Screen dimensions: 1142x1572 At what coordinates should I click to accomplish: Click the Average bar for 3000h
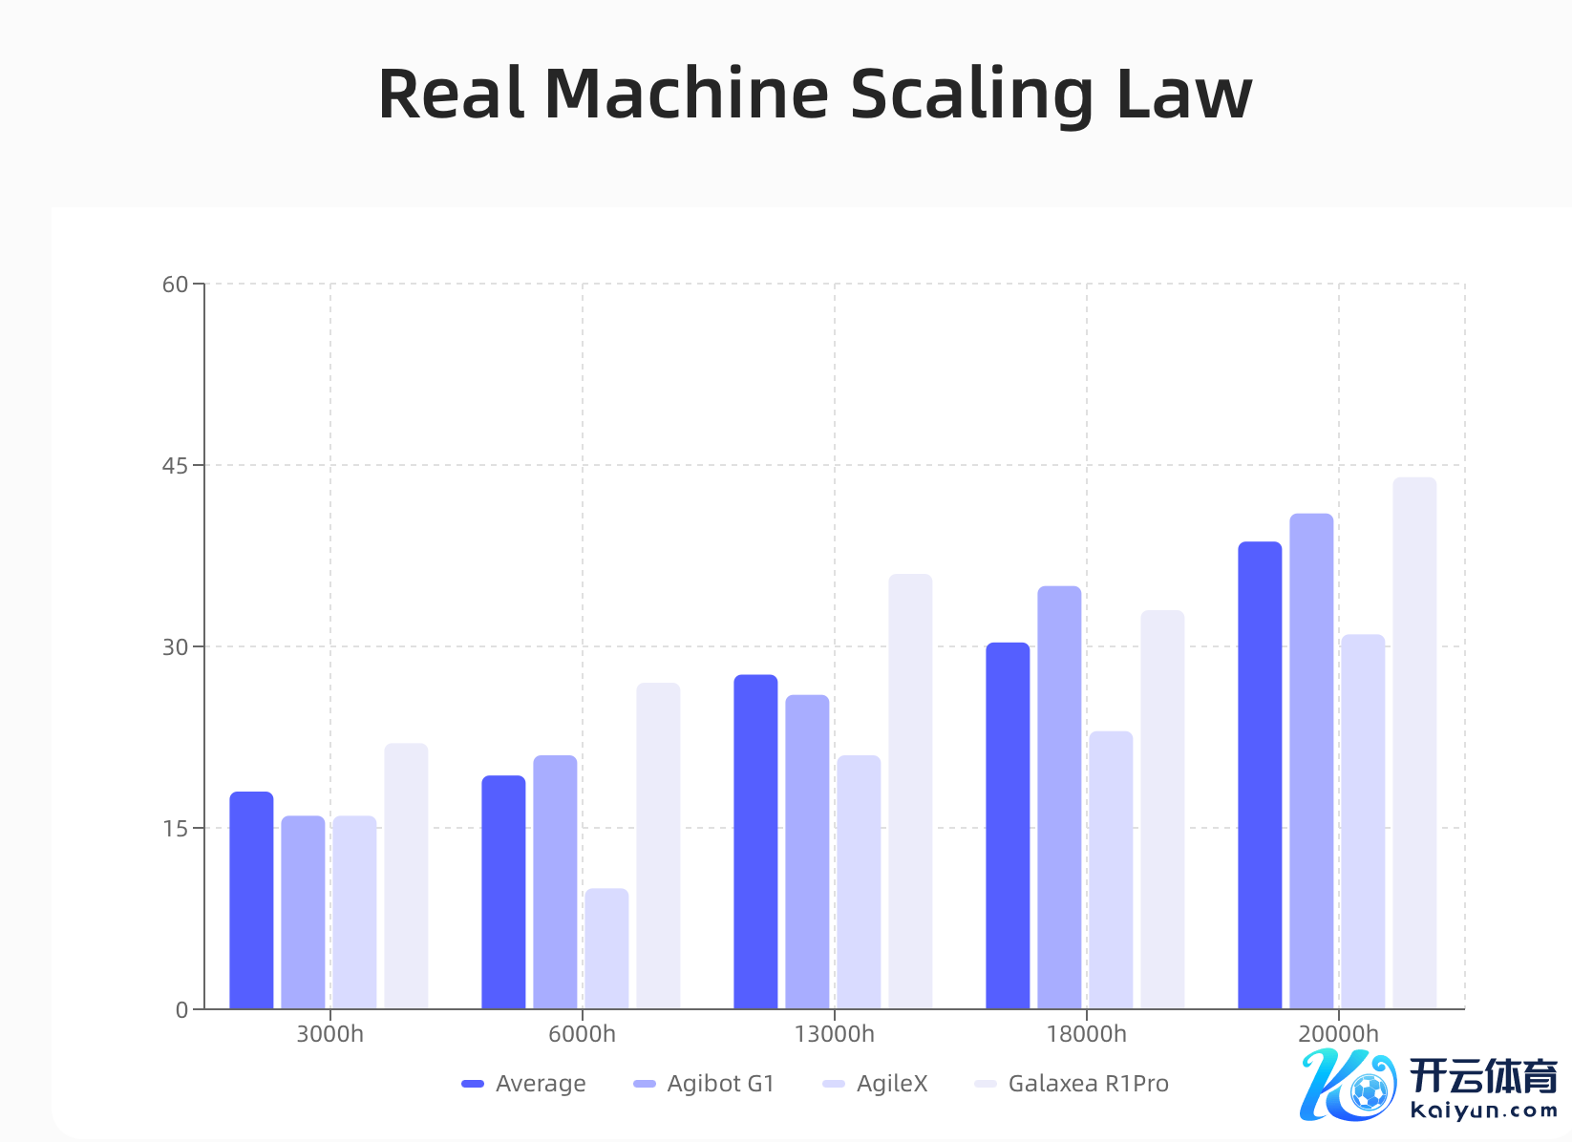[251, 899]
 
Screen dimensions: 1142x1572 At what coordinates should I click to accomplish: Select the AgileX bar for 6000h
[606, 948]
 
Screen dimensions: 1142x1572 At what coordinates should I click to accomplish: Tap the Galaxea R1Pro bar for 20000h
[1414, 743]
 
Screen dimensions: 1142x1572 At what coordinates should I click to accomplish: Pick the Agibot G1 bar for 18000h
[1059, 797]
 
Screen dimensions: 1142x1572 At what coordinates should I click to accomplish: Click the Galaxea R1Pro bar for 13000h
[910, 791]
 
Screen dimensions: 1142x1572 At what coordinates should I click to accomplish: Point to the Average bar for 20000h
[1260, 774]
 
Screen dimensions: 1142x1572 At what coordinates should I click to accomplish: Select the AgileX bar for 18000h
[1111, 870]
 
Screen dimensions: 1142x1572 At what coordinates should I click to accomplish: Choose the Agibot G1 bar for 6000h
[555, 881]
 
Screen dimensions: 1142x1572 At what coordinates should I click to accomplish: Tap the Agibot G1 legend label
[720, 1084]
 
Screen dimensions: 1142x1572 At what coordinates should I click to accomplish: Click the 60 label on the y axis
[176, 285]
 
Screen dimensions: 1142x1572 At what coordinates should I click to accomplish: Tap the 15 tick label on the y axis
[176, 829]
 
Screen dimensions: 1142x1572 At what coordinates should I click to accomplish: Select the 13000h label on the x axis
[834, 1034]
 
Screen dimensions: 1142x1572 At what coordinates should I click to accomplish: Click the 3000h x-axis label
[329, 1034]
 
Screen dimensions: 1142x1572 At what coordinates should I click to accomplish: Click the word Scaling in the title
[971, 95]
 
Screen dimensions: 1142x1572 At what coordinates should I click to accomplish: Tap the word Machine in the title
[687, 95]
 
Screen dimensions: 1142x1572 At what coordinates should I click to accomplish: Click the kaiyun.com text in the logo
[1483, 1110]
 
